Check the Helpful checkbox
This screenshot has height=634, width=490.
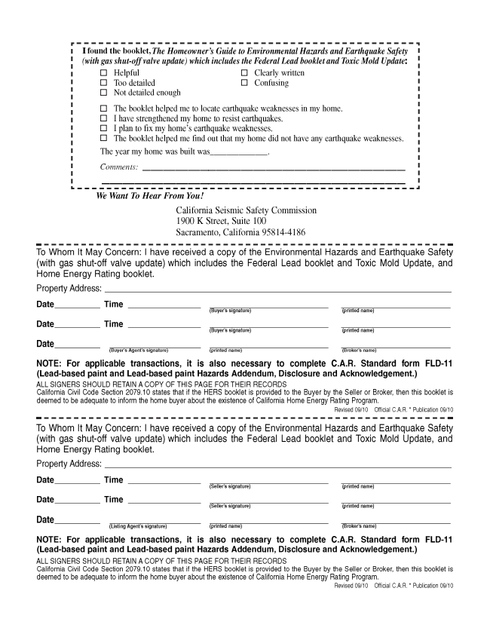click(x=104, y=73)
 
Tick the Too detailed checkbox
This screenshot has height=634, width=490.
click(x=104, y=83)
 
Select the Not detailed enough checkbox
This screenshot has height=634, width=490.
click(x=104, y=93)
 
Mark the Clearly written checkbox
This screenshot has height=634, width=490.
click(x=244, y=73)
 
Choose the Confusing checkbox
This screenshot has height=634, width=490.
click(x=244, y=83)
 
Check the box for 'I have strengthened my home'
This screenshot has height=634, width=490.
click(x=104, y=119)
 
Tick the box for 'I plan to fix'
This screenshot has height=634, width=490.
click(x=104, y=129)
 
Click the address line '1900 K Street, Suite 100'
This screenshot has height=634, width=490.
click(x=221, y=222)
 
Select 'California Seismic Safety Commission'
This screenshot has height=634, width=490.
click(x=246, y=210)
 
